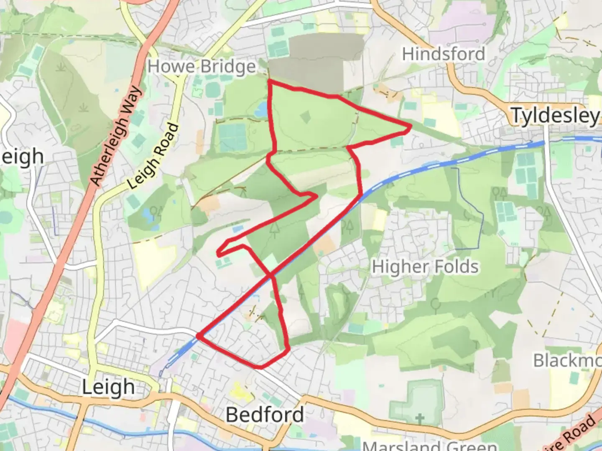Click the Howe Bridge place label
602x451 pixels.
202,67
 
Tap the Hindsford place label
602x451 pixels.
443,54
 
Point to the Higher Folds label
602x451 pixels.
425,267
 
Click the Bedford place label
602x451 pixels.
265,415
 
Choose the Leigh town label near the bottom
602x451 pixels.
108,387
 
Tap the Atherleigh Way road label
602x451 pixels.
117,136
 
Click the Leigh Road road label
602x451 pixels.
153,157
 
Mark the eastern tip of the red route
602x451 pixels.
411,125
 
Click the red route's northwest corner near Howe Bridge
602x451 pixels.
269,80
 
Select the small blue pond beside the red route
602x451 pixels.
261,109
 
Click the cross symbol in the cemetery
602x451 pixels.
420,418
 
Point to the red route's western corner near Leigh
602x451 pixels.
198,335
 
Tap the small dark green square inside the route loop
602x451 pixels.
306,117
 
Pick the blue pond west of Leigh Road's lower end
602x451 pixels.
147,215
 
